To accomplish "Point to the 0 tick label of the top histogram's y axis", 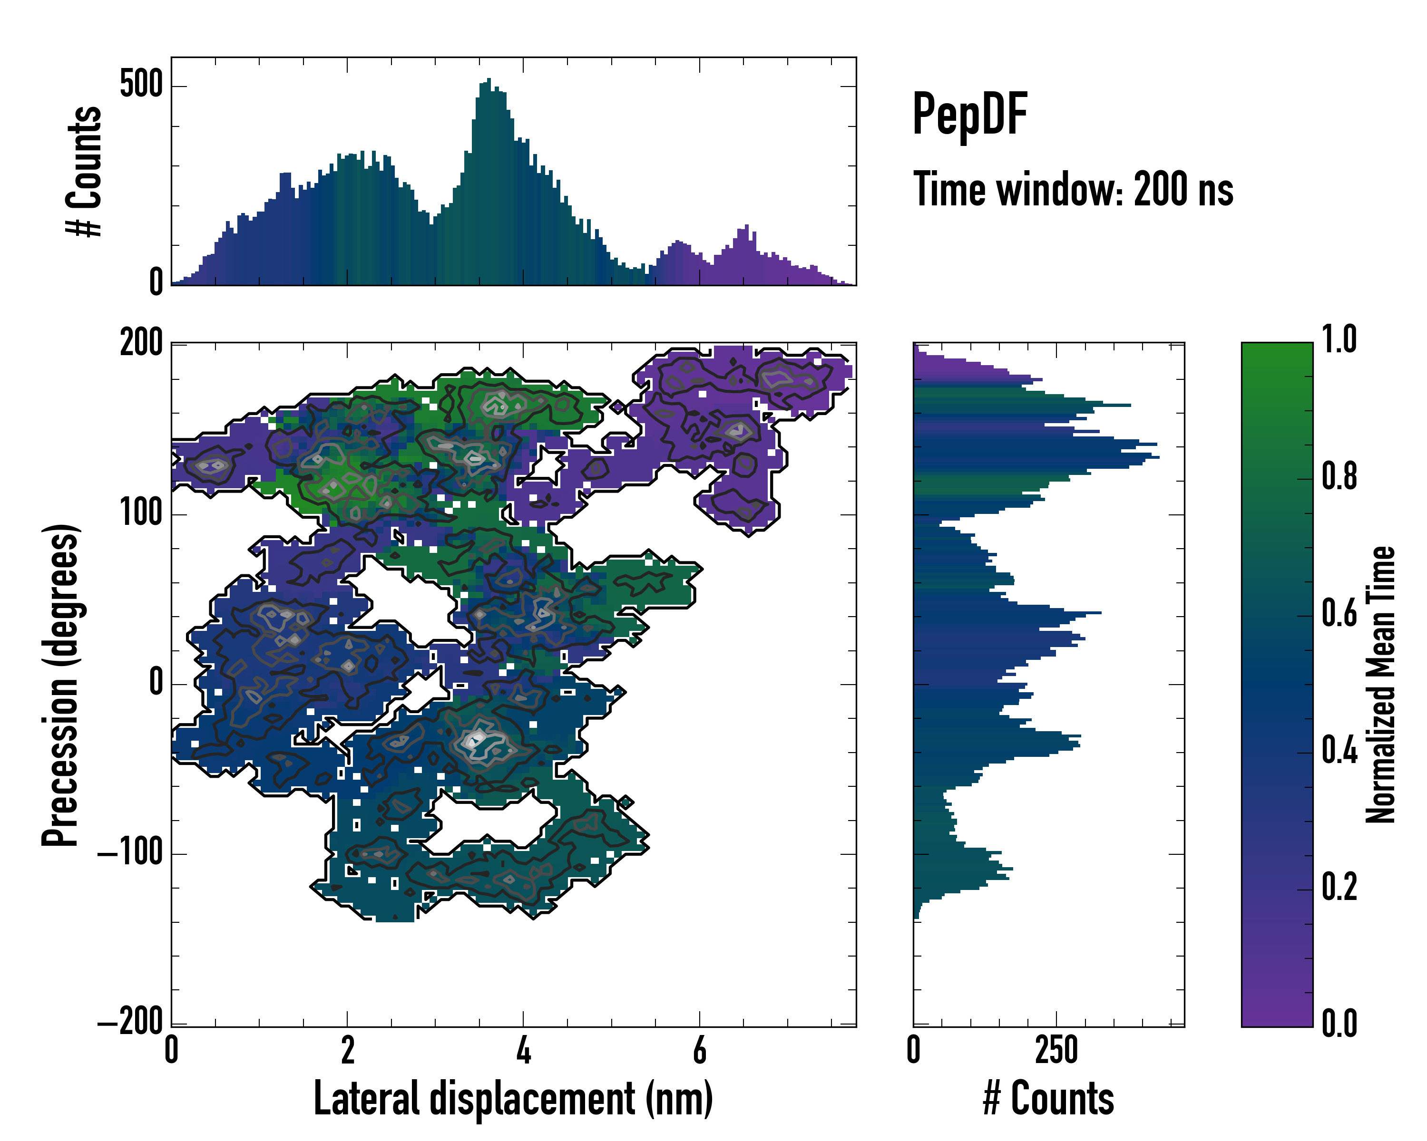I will (x=156, y=282).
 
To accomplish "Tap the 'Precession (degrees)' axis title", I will (x=61, y=685).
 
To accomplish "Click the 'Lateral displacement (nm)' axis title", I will (x=513, y=1098).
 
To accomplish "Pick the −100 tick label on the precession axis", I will (x=130, y=853).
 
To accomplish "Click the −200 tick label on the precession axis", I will (x=130, y=1023).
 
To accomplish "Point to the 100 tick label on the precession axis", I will (x=141, y=513).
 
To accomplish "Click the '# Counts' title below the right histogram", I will (x=1048, y=1098).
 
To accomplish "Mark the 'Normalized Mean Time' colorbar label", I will (x=1381, y=685).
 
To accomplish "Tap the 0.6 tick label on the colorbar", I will (x=1339, y=614).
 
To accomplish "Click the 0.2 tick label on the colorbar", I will (x=1339, y=888).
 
